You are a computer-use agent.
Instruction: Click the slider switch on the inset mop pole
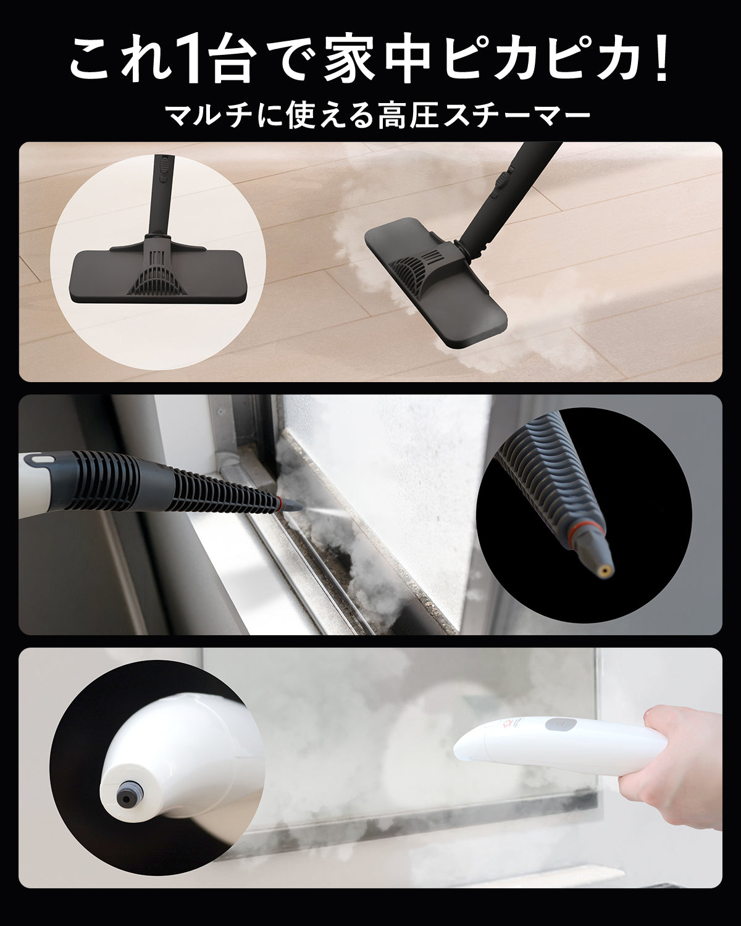(163, 165)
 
